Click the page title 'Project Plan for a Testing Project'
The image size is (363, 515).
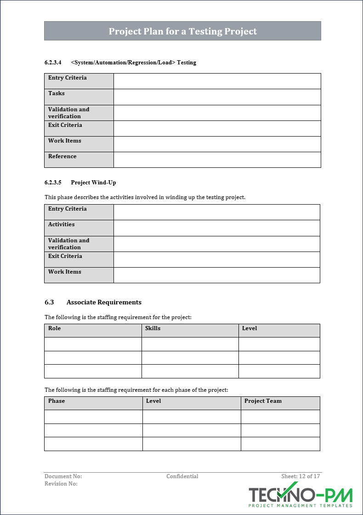182,31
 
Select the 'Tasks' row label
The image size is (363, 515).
57,93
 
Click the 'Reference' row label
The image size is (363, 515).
62,156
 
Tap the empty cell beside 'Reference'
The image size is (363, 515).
217,160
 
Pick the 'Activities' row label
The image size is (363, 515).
62,224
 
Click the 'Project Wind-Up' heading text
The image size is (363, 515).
93,183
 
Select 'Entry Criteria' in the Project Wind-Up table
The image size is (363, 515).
68,209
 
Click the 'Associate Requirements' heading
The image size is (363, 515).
104,302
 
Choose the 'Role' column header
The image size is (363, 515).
55,328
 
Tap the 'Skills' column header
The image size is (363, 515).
153,328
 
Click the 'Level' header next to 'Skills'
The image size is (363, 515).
250,328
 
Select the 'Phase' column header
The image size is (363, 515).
57,401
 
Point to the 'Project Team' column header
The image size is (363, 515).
263,401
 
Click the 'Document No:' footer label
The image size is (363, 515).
63,476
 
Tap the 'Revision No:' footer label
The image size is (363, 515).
61,484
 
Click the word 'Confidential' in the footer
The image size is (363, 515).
182,476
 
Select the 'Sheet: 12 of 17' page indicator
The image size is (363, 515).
301,476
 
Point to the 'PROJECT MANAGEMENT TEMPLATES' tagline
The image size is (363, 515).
301,506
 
